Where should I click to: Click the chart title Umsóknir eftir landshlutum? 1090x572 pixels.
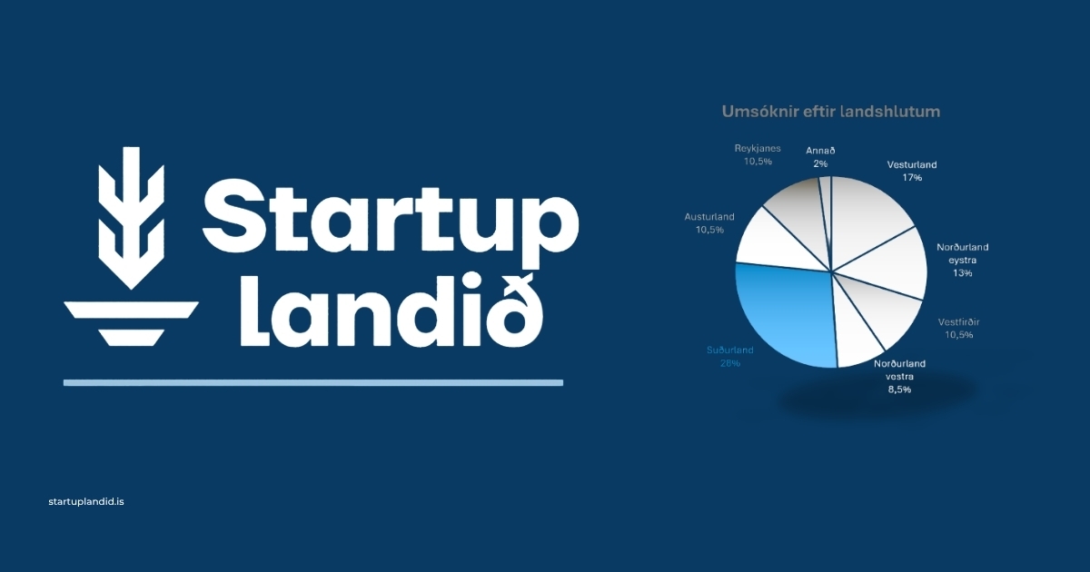click(x=830, y=112)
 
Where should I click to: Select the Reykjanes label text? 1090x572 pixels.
click(x=758, y=148)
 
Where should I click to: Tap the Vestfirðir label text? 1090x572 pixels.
click(x=958, y=322)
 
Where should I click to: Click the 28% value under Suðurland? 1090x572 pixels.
click(x=730, y=363)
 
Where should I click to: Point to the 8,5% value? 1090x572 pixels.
click(x=899, y=390)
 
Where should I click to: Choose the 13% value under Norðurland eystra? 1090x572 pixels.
click(x=962, y=273)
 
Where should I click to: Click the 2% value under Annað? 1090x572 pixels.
click(x=820, y=164)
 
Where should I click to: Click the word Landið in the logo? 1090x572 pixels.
click(x=391, y=311)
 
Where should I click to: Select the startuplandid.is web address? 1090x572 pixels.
click(x=86, y=501)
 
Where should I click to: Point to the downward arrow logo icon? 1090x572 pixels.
click(x=131, y=219)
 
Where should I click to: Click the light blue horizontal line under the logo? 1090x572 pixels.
click(x=313, y=383)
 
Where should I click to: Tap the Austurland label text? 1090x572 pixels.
click(x=709, y=217)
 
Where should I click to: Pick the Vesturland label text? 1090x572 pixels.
click(x=911, y=165)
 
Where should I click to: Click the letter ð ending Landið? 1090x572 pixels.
click(x=514, y=311)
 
